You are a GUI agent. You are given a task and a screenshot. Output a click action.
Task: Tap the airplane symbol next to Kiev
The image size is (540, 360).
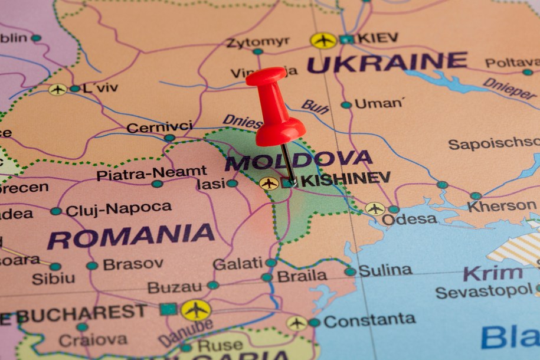click(x=323, y=40)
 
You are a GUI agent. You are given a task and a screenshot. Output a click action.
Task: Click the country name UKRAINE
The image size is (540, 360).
click(x=387, y=62)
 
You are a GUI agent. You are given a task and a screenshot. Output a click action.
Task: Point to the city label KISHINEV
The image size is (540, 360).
click(x=346, y=178)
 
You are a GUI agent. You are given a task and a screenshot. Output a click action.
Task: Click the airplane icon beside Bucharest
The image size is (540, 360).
click(x=195, y=310)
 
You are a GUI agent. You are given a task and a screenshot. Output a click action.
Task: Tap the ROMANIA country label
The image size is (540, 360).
click(x=131, y=236)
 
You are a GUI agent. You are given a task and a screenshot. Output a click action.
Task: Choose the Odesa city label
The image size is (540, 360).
click(x=409, y=219)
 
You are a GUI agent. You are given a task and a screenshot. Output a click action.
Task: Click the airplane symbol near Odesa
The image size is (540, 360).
click(x=375, y=208)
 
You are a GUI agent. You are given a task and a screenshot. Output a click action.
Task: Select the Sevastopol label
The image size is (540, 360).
click(x=484, y=291)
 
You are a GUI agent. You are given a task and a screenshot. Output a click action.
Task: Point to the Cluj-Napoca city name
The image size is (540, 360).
click(x=119, y=209)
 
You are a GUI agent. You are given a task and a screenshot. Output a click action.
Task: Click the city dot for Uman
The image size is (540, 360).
click(x=346, y=105)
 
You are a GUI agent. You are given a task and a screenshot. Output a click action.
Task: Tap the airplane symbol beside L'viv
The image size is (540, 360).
click(x=57, y=89)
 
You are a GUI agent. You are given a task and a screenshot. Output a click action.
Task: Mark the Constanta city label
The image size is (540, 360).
click(x=369, y=320)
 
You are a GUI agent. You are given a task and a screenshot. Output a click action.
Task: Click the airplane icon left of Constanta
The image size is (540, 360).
click(x=296, y=323)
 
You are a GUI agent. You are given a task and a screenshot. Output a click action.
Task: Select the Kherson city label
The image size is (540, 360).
click(x=502, y=207)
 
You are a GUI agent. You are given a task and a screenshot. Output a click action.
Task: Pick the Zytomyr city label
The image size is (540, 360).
click(x=258, y=41)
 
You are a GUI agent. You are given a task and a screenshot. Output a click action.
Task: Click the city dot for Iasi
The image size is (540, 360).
click(x=232, y=184)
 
